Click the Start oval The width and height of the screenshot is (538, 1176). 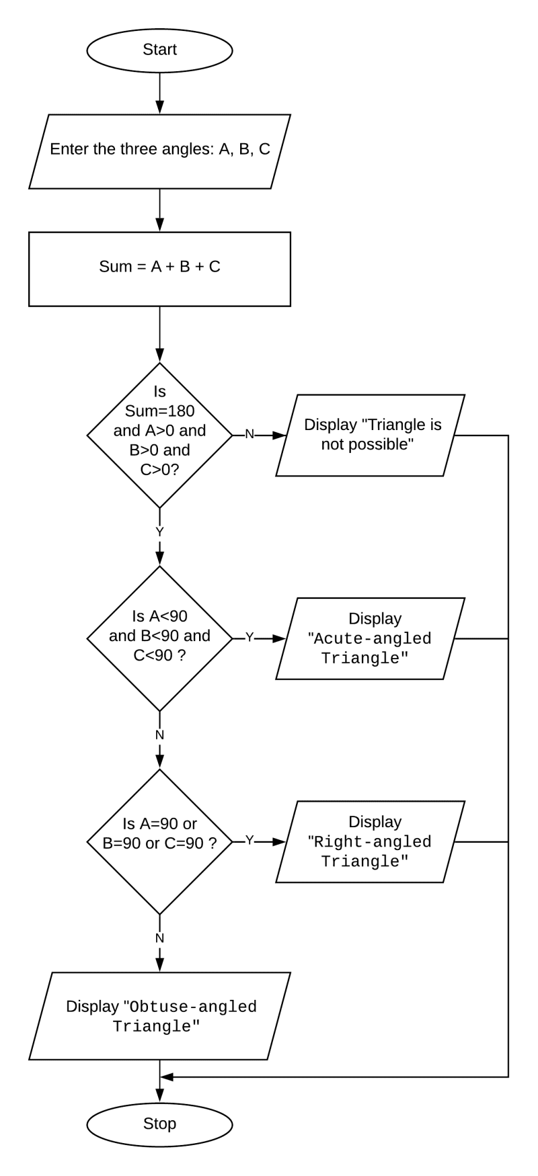click(x=159, y=50)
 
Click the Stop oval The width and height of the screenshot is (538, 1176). click(x=159, y=1124)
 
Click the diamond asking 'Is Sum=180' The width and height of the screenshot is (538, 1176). click(x=159, y=435)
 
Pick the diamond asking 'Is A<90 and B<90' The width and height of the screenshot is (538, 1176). click(x=159, y=637)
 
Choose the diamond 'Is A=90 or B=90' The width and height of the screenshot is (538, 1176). click(x=159, y=841)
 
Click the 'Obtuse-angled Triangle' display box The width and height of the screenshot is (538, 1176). click(x=159, y=1016)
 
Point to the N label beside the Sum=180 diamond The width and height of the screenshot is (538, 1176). click(x=249, y=435)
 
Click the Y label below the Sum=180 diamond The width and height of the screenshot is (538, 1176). click(x=159, y=532)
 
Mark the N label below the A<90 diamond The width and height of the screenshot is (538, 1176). click(x=159, y=734)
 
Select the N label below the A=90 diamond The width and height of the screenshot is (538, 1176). click(x=159, y=937)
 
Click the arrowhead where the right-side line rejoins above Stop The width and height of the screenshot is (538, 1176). click(x=167, y=1077)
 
